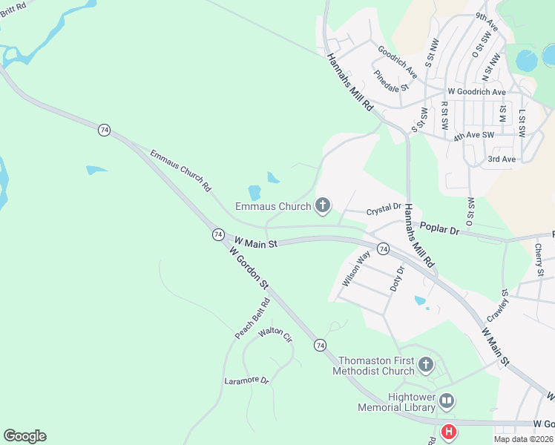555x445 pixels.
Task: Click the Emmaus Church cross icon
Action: pos(322,205)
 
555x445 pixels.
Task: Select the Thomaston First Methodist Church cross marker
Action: pos(425,364)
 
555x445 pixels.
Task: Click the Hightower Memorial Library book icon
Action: pos(446,401)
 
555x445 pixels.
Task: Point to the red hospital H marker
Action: pos(449,431)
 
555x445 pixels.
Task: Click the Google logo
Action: pos(24,436)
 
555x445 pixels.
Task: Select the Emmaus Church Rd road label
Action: pos(180,171)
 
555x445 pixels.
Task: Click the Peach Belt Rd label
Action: pos(253,319)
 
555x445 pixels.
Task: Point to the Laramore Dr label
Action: pos(246,380)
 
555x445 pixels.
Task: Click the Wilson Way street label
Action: pos(356,269)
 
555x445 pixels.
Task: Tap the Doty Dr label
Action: pos(396,278)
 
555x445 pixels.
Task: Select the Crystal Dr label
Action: pos(384,209)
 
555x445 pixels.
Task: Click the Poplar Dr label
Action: pos(440,228)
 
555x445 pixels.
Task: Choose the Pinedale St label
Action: pos(391,80)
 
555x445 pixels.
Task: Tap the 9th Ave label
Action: pos(487,24)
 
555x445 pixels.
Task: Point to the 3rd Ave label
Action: pos(502,159)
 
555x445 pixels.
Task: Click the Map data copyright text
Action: pos(524,438)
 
